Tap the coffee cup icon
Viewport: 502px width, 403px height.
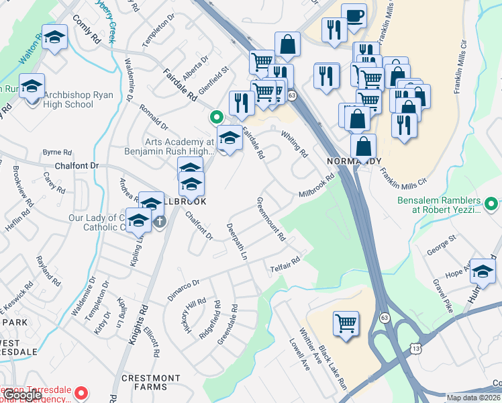pos(354,16)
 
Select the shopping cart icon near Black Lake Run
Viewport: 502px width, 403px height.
pos(346,323)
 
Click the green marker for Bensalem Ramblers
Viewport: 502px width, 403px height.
pos(491,203)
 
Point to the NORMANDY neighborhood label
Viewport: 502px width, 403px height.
pos(354,161)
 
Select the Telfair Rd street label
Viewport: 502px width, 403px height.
pos(285,263)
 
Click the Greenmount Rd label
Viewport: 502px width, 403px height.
pos(271,220)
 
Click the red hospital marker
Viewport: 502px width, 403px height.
pos(81,392)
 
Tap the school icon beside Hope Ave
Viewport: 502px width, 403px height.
pos(482,271)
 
